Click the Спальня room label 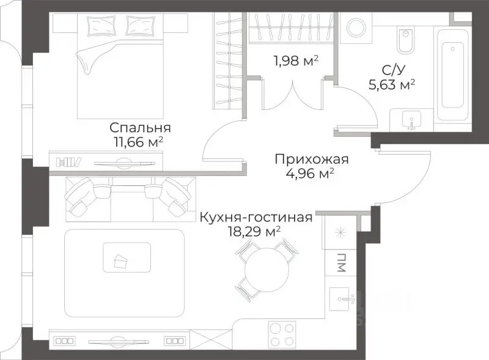point(140,128)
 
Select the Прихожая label point(311,160)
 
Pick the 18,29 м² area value point(252,232)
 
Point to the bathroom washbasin point(411,120)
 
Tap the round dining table point(263,269)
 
